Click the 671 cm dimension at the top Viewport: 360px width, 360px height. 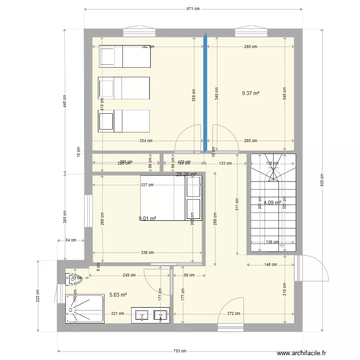pos(193,9)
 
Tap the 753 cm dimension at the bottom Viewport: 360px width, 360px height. pos(181,351)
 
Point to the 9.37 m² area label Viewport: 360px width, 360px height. pos(251,93)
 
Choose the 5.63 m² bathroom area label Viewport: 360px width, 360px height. pos(118,295)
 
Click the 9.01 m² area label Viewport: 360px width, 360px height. pos(147,218)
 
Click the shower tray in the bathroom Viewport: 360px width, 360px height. pos(85,310)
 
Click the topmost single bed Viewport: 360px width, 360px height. pos(125,57)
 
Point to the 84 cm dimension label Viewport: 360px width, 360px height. pos(71,240)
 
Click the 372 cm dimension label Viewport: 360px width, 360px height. pos(233,313)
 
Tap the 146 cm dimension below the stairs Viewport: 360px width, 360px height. pos(270,264)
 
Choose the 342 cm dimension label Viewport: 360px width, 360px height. pos(147,47)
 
